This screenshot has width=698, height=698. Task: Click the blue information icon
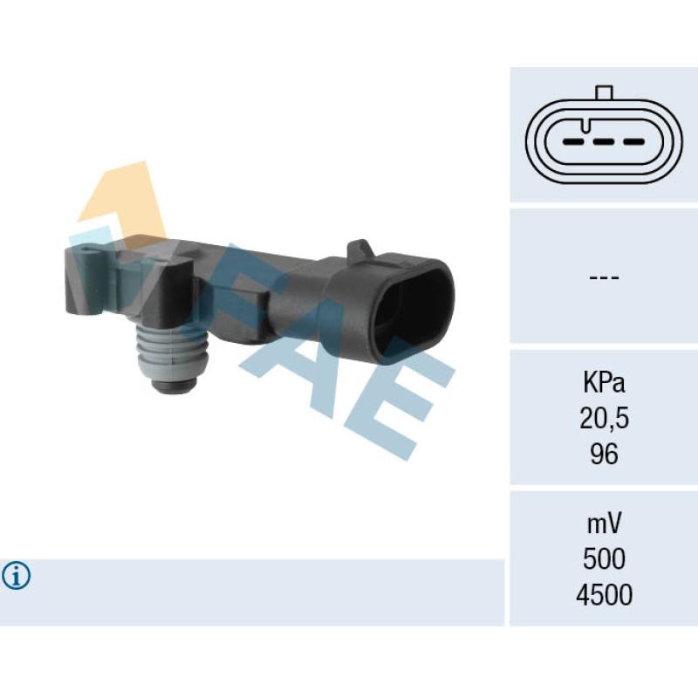click(x=16, y=576)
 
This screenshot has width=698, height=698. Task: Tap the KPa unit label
click(x=604, y=383)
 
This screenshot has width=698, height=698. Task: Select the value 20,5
click(x=604, y=419)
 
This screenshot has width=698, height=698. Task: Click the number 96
click(x=604, y=455)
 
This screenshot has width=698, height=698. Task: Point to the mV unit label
click(x=604, y=523)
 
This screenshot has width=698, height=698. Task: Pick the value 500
click(x=604, y=559)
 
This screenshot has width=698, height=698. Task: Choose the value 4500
click(x=604, y=595)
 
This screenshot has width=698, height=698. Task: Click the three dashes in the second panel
click(x=604, y=277)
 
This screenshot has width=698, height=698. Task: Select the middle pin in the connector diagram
click(x=604, y=142)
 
